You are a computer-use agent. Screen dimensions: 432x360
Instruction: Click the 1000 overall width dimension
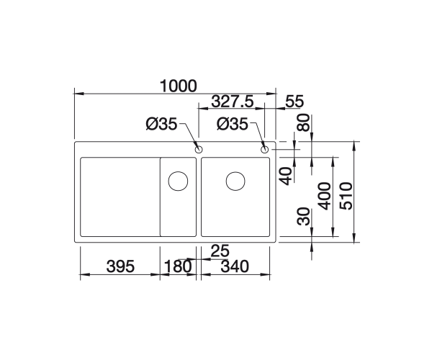pyautogui.click(x=179, y=86)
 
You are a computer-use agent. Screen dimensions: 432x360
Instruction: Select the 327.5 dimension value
pyautogui.click(x=232, y=102)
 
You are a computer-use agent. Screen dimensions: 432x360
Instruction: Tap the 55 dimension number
pyautogui.click(x=294, y=102)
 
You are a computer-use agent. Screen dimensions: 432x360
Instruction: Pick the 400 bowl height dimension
pyautogui.click(x=324, y=196)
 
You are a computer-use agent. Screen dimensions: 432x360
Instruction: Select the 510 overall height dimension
pyautogui.click(x=346, y=196)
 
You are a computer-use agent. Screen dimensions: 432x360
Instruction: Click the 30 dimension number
pyautogui.click(x=304, y=216)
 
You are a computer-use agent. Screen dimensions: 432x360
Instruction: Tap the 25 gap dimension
pyautogui.click(x=220, y=251)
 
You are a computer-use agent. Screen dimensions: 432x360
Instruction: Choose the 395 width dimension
pyautogui.click(x=120, y=266)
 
